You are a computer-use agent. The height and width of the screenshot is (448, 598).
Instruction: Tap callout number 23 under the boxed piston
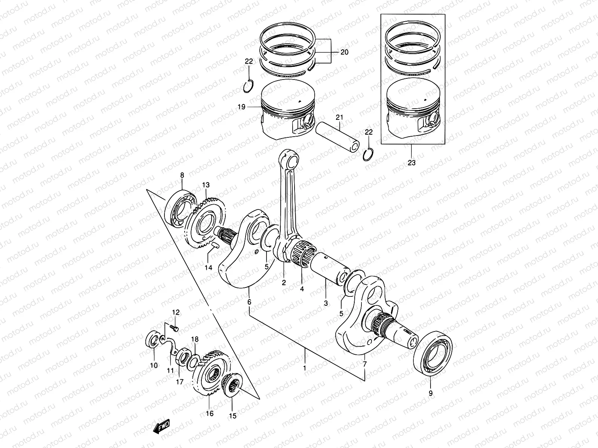click(411, 163)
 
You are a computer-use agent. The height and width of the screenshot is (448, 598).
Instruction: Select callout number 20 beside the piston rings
click(344, 52)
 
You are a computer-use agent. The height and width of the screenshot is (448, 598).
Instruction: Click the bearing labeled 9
click(434, 351)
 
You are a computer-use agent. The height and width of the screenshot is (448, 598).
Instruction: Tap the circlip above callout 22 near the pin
click(369, 154)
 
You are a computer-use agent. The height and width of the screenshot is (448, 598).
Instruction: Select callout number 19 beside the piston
click(241, 107)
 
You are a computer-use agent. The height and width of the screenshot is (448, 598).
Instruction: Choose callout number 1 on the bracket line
click(305, 368)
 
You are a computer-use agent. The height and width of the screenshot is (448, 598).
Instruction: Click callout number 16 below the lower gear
click(210, 413)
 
